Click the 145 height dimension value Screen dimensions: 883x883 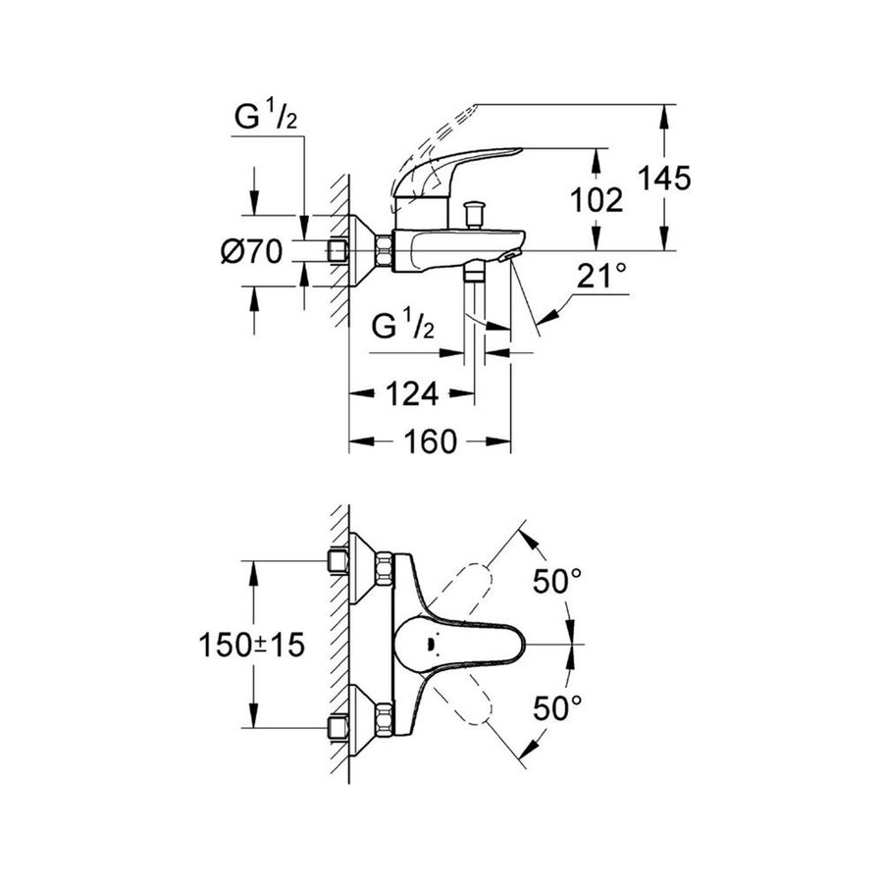tap(665, 179)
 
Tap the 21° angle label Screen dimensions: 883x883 tap(601, 278)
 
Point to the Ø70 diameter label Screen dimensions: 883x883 tap(252, 251)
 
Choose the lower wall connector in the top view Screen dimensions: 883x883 tap(339, 726)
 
